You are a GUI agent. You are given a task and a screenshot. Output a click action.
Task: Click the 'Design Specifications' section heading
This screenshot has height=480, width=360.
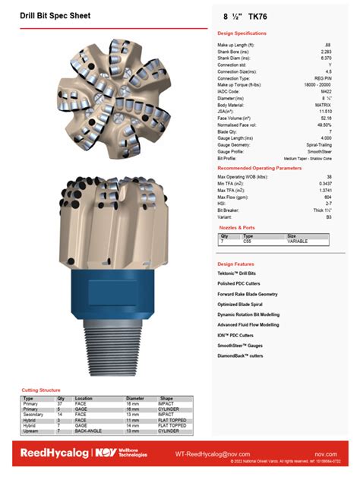(242, 33)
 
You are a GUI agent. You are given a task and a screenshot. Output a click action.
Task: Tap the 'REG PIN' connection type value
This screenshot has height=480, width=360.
(322, 77)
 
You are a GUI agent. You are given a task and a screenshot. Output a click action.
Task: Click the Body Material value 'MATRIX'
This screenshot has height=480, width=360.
(322, 104)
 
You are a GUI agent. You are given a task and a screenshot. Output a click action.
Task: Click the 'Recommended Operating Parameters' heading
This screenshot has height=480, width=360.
(259, 167)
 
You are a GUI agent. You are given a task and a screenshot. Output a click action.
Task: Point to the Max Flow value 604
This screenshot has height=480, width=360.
(327, 197)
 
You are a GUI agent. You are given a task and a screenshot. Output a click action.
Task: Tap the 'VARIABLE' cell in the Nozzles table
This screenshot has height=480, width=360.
(299, 240)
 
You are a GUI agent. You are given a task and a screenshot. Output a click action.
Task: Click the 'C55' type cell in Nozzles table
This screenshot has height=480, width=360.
(247, 240)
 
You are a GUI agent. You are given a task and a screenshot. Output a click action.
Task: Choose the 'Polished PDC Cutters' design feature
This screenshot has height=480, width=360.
(240, 283)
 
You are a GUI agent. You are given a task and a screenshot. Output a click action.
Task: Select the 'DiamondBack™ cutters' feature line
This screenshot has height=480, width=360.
(241, 355)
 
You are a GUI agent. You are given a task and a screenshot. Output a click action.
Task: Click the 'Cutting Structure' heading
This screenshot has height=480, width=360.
(41, 390)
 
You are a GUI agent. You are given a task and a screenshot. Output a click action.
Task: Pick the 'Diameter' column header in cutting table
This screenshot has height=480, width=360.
(134, 398)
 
